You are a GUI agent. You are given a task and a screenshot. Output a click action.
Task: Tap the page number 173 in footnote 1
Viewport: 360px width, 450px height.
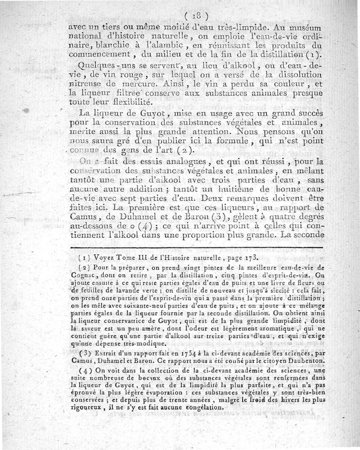pyautogui.click(x=249, y=258)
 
